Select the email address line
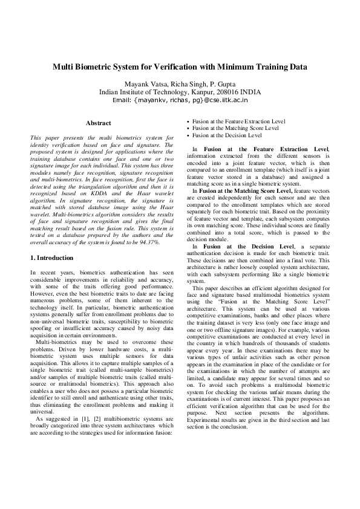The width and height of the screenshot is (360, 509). point(180,100)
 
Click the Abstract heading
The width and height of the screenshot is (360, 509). point(98,123)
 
